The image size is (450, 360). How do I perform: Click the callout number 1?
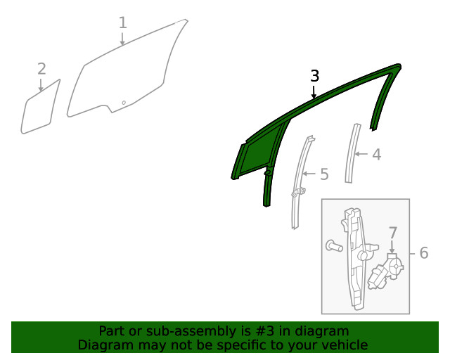[x=123, y=22]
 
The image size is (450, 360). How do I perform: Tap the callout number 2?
[x=41, y=69]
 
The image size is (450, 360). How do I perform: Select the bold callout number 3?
[x=315, y=76]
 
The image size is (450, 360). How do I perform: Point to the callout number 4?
[x=377, y=155]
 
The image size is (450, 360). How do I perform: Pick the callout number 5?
[x=324, y=174]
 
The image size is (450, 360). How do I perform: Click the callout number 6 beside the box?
[x=424, y=253]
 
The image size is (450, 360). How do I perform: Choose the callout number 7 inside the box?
[x=393, y=233]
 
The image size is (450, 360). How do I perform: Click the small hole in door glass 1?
[x=124, y=103]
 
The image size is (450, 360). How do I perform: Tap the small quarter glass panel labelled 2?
[x=41, y=108]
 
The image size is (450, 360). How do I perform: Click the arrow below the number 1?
[x=122, y=39]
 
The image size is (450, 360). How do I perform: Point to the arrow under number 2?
[x=41, y=85]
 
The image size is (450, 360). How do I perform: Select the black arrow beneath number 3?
[x=314, y=92]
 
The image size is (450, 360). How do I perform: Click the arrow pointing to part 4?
[x=361, y=154]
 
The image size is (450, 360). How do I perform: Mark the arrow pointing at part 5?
[x=309, y=174]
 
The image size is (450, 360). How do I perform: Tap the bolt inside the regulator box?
[x=335, y=245]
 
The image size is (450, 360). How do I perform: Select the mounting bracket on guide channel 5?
[x=298, y=193]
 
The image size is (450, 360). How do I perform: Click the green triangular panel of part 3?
[x=259, y=155]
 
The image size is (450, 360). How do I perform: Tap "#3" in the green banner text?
[x=264, y=331]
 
